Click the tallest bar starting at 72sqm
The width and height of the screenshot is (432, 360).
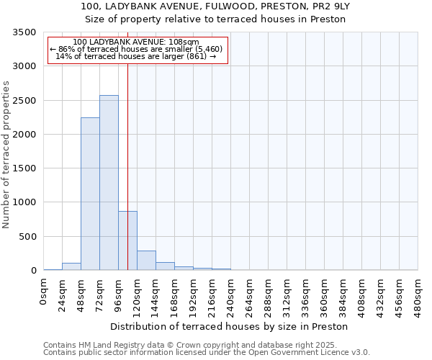point(109,183)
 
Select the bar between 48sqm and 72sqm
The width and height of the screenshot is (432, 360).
point(90,194)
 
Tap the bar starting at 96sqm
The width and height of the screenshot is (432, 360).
point(127,240)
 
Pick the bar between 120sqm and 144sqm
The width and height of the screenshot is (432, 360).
point(146,261)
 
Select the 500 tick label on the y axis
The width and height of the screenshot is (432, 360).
point(29,237)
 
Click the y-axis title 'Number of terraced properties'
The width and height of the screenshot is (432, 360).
point(6,155)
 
